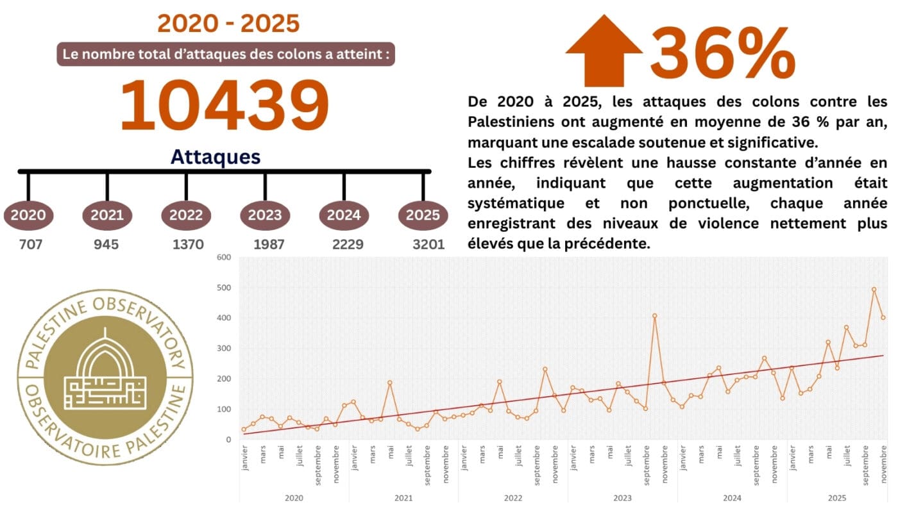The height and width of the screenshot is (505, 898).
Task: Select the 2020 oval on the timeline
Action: pyautogui.click(x=28, y=215)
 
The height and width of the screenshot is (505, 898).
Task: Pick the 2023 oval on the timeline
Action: pyautogui.click(x=265, y=215)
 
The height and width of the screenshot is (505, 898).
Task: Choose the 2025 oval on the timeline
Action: pyautogui.click(x=423, y=215)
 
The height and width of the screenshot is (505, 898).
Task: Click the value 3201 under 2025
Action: pyautogui.click(x=428, y=244)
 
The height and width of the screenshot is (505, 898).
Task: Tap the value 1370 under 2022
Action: pyautogui.click(x=187, y=244)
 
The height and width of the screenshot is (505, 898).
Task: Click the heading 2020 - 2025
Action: pyautogui.click(x=228, y=24)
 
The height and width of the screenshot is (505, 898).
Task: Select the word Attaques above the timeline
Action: pyautogui.click(x=216, y=157)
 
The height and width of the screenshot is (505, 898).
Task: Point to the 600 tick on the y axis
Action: pyautogui.click(x=224, y=258)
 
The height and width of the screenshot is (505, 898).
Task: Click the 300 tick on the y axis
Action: pyautogui.click(x=224, y=349)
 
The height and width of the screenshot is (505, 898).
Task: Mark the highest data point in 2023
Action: pyautogui.click(x=654, y=315)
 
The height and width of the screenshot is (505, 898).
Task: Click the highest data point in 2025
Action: pyautogui.click(x=874, y=289)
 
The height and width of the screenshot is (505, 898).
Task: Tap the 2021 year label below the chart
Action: pyautogui.click(x=403, y=497)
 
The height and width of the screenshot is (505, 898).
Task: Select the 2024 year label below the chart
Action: pyautogui.click(x=732, y=497)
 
